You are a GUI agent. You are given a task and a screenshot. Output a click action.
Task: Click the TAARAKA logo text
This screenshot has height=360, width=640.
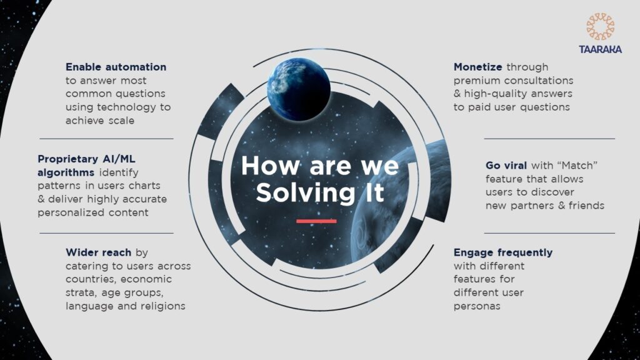coord(600,49)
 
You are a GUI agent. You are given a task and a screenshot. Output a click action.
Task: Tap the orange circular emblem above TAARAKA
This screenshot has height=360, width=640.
coord(601,27)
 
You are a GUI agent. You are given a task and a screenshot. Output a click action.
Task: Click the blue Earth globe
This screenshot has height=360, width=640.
coord(299,89)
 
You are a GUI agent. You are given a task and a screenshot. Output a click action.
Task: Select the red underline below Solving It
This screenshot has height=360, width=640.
coord(316,221)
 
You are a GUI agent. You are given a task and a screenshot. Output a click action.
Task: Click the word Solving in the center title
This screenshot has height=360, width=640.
coord(306,192)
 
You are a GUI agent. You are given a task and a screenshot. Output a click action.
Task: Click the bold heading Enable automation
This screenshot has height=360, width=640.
coord(116,67)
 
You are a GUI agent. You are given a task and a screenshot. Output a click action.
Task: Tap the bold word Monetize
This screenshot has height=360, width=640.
coord(478,67)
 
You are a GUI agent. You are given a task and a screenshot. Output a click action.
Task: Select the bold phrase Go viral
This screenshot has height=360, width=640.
coord(506,166)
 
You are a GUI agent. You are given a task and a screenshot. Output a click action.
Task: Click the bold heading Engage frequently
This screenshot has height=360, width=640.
coord(503,252)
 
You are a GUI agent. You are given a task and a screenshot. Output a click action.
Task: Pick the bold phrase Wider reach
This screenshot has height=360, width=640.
coord(98,252)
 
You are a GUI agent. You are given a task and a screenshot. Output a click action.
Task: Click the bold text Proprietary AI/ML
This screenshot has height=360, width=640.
coord(86,159)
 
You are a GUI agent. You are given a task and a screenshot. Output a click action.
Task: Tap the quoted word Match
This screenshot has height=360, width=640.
coord(579,166)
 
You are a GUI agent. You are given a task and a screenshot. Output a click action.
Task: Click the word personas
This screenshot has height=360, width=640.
coord(477,306)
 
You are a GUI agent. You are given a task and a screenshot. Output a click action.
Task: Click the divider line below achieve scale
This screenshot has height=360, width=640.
coord(106,139)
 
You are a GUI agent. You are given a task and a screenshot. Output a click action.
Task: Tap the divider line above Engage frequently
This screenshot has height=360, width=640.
coord(549,234)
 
